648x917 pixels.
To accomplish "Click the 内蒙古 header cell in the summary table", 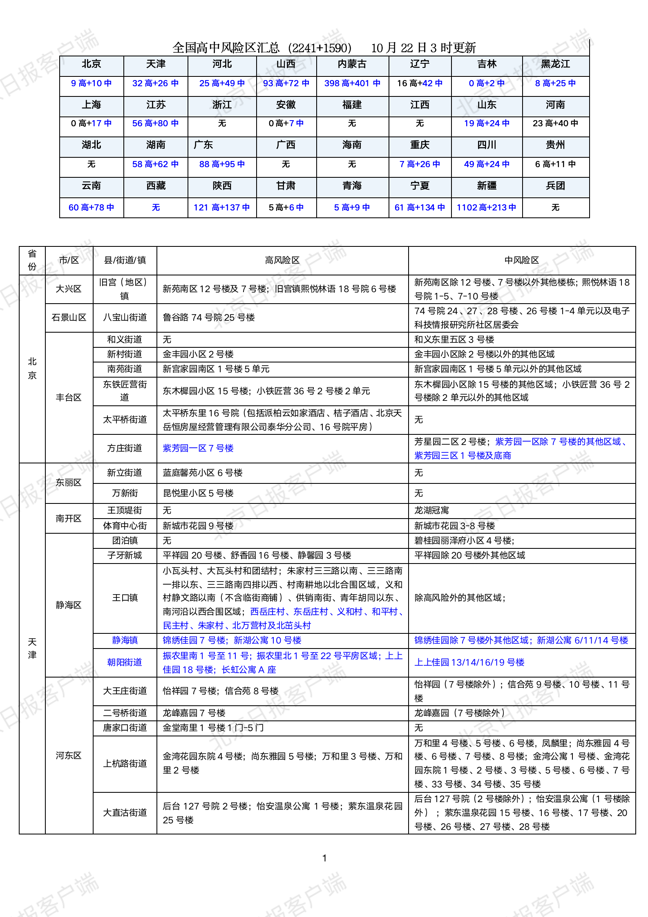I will click(352, 64).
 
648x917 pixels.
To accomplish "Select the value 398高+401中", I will click(352, 83).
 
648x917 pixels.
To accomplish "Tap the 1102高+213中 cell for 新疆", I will click(486, 208).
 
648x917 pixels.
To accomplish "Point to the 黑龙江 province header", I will click(555, 64).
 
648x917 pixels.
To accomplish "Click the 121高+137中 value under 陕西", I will click(221, 208).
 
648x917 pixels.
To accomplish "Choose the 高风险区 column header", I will click(282, 260).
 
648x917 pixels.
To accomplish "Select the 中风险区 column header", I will click(521, 260).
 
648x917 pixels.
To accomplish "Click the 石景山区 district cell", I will click(69, 318).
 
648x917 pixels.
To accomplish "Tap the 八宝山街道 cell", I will click(125, 318).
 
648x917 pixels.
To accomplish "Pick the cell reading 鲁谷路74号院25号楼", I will click(209, 318).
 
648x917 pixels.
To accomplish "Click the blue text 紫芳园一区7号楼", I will click(198, 448).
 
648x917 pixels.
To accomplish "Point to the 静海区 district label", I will click(69, 605).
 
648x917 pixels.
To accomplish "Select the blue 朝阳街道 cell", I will click(125, 662).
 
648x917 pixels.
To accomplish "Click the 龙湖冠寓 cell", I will click(431, 510).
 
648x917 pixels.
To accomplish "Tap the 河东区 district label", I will click(69, 755).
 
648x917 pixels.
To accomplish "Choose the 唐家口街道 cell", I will click(125, 728).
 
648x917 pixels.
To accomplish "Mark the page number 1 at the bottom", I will click(324, 858).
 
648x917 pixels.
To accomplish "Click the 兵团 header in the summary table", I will click(555, 186).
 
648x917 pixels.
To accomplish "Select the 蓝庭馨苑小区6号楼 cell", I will click(203, 473).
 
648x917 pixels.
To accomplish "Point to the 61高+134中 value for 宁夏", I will click(420, 208).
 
